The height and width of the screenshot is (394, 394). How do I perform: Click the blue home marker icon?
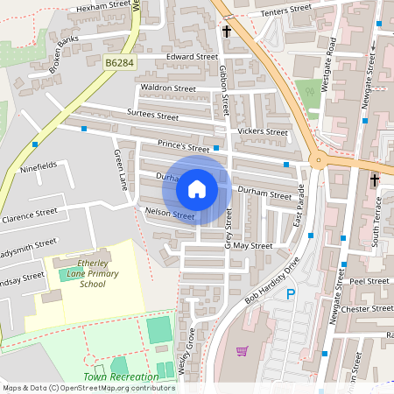click(197, 189)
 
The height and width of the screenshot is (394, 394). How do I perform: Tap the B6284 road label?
click(121, 63)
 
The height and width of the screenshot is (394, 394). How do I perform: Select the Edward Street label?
click(192, 57)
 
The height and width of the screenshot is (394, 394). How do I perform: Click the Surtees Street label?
click(152, 116)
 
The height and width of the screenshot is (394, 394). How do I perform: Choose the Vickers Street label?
click(263, 132)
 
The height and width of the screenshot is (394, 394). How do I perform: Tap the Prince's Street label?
click(184, 148)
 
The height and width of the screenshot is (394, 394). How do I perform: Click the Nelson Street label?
click(172, 215)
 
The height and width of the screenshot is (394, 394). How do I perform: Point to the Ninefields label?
click(38, 165)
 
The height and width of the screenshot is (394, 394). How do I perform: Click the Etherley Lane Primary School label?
click(80, 273)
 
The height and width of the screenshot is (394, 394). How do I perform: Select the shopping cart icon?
click(242, 351)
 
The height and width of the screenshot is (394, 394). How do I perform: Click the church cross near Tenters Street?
click(227, 32)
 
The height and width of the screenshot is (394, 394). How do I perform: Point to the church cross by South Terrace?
click(375, 180)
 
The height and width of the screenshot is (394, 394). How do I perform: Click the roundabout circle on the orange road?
click(320, 160)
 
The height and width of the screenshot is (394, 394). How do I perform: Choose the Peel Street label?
click(368, 282)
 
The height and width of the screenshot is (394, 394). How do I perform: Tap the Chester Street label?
click(368, 308)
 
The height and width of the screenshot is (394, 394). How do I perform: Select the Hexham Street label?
click(96, 7)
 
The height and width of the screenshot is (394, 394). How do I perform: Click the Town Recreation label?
click(122, 376)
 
